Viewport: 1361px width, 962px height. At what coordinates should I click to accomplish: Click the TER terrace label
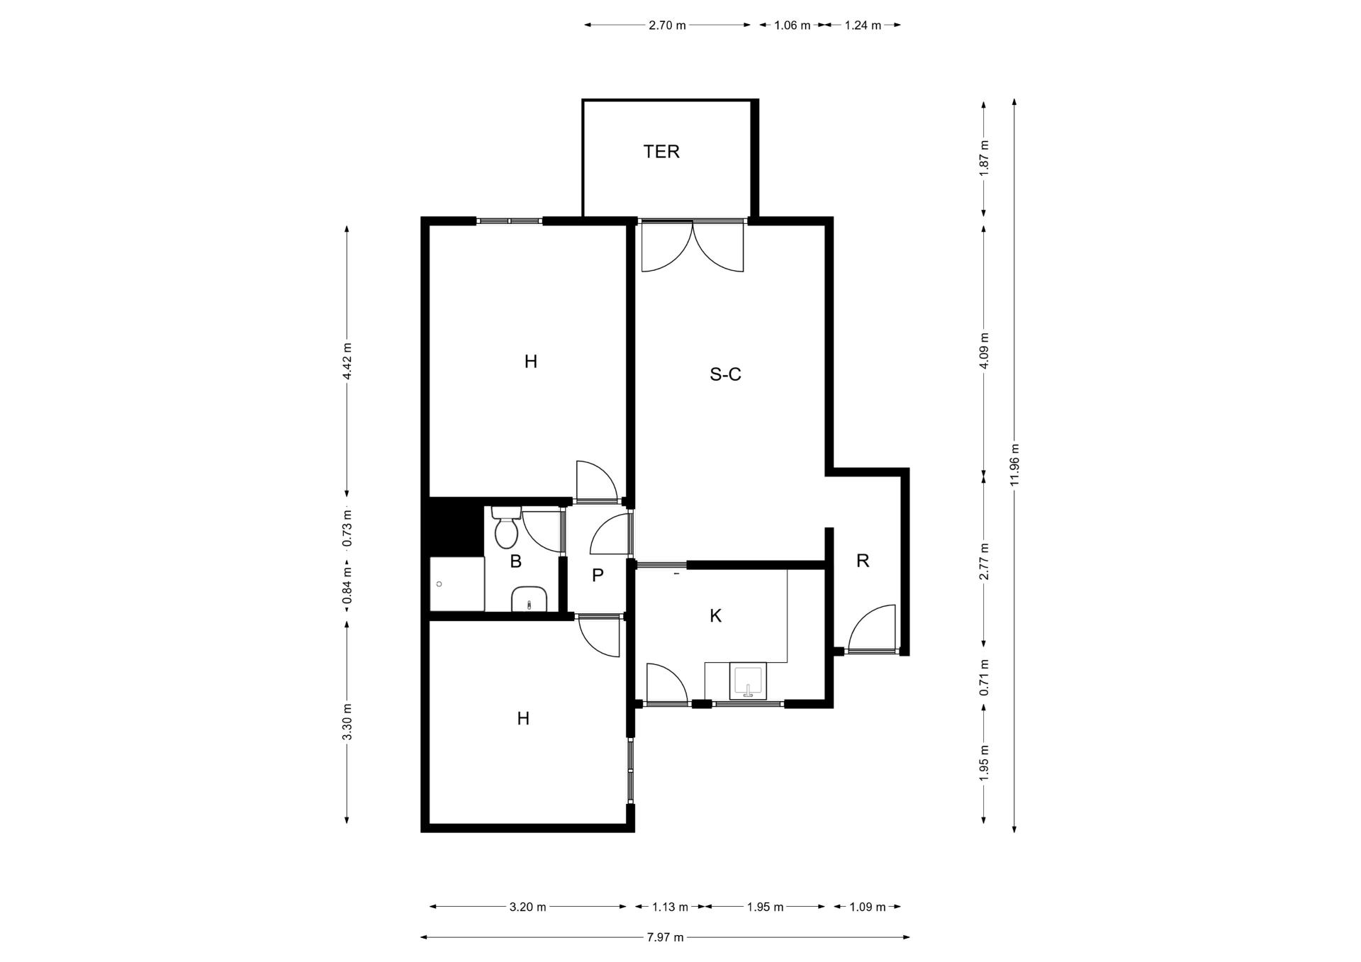click(x=661, y=152)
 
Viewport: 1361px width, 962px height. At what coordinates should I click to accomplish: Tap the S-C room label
click(x=725, y=374)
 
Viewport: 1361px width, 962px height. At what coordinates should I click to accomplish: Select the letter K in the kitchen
click(x=716, y=616)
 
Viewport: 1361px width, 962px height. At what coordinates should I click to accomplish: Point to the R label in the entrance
click(x=863, y=561)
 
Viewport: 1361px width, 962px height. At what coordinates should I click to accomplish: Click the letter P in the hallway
click(x=598, y=575)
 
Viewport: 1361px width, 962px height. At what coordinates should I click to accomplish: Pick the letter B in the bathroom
click(x=516, y=561)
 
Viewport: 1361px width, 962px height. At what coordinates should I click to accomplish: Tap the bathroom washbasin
click(x=529, y=599)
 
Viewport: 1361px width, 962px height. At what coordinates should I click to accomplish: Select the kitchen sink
click(x=747, y=682)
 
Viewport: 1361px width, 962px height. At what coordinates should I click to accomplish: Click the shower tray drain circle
click(x=439, y=584)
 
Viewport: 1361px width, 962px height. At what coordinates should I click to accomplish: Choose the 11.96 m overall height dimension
click(x=1015, y=465)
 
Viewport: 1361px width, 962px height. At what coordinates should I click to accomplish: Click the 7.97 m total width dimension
click(x=665, y=937)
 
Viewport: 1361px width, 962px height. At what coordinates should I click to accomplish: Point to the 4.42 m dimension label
click(x=347, y=362)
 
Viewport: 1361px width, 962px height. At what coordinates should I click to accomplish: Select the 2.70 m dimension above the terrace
click(x=667, y=26)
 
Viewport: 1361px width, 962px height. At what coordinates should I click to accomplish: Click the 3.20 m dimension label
click(x=527, y=907)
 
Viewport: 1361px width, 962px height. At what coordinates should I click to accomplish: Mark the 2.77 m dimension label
click(x=984, y=561)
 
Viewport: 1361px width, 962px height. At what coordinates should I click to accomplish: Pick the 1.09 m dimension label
click(x=868, y=907)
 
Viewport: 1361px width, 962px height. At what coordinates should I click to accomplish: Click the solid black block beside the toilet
click(x=453, y=526)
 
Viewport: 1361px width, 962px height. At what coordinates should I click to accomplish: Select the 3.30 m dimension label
click(x=347, y=722)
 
